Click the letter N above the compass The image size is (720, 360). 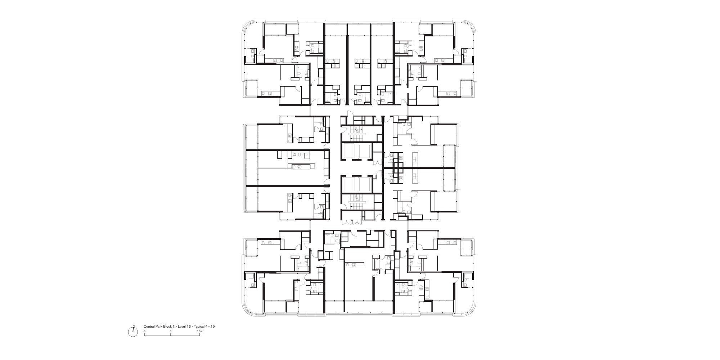133,326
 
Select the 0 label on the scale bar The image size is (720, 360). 144,330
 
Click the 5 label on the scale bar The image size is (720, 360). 171,330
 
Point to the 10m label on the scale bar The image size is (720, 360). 200,330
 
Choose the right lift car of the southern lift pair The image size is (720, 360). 366,184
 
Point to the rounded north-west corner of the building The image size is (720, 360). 248,27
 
